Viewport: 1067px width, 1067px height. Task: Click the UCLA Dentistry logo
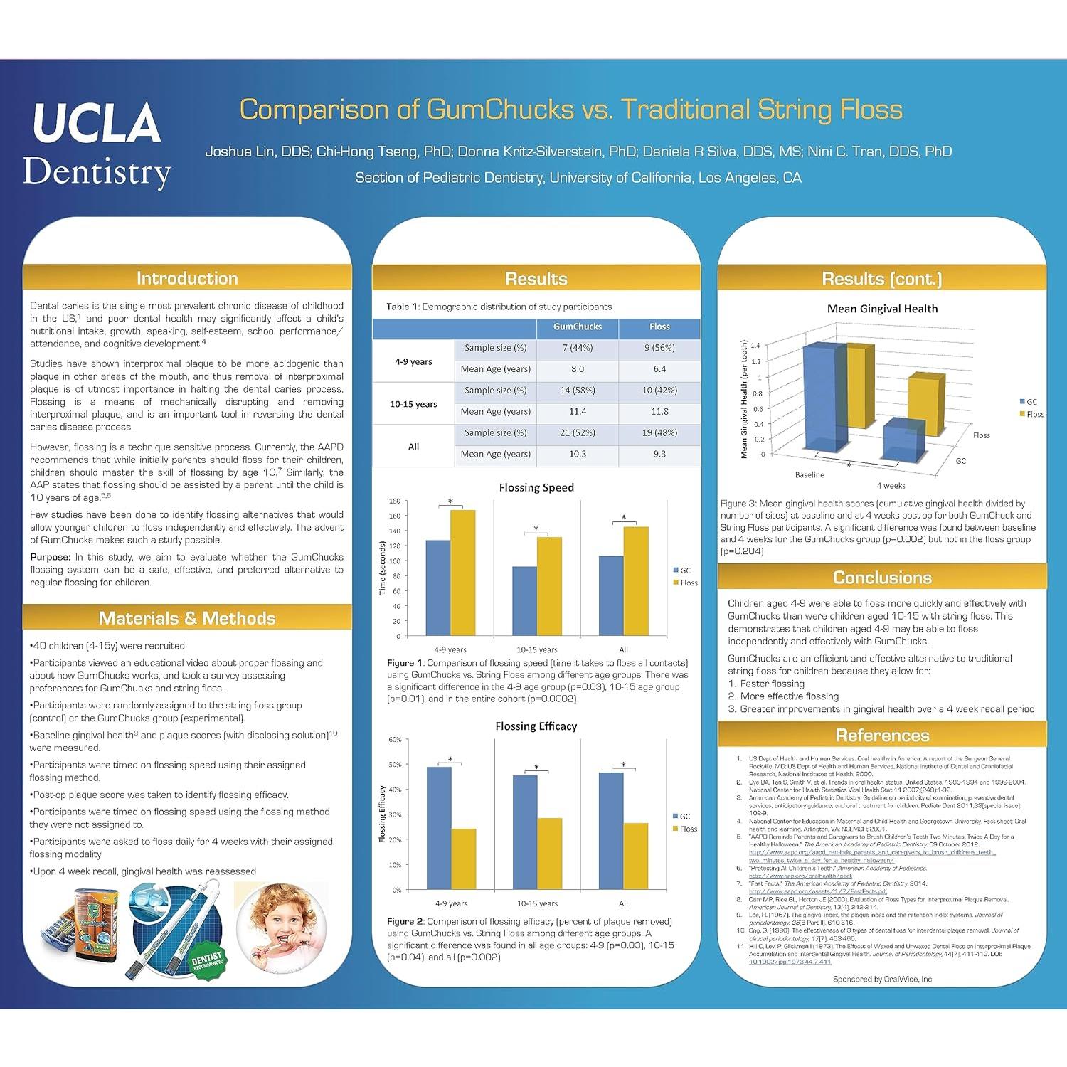[x=97, y=145]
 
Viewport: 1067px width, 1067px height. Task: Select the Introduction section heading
[x=187, y=278]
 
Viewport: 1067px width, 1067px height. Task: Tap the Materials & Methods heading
[x=187, y=618]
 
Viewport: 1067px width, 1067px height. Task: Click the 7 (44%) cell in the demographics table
[x=577, y=348]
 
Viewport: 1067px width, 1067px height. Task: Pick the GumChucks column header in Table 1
[x=577, y=327]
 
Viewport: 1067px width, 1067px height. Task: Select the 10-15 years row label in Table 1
[x=413, y=404]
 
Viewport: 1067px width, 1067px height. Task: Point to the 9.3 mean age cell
[x=659, y=454]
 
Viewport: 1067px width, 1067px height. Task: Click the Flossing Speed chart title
[x=536, y=487]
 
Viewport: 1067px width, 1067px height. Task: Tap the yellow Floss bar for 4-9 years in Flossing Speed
[x=463, y=573]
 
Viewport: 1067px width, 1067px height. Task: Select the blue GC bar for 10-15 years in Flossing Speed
[x=524, y=601]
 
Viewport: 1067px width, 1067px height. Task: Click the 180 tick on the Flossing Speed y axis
[x=395, y=501]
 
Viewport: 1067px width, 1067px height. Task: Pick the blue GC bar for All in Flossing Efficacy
[x=611, y=830]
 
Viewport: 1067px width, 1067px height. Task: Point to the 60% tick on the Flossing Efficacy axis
[x=395, y=739]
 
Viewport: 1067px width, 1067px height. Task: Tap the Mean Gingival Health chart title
[x=882, y=309]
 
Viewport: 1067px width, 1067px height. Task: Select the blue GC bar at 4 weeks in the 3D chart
[x=903, y=441]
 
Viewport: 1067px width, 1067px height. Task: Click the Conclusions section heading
[x=882, y=578]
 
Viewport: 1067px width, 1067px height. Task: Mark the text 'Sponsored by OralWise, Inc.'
[x=883, y=979]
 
